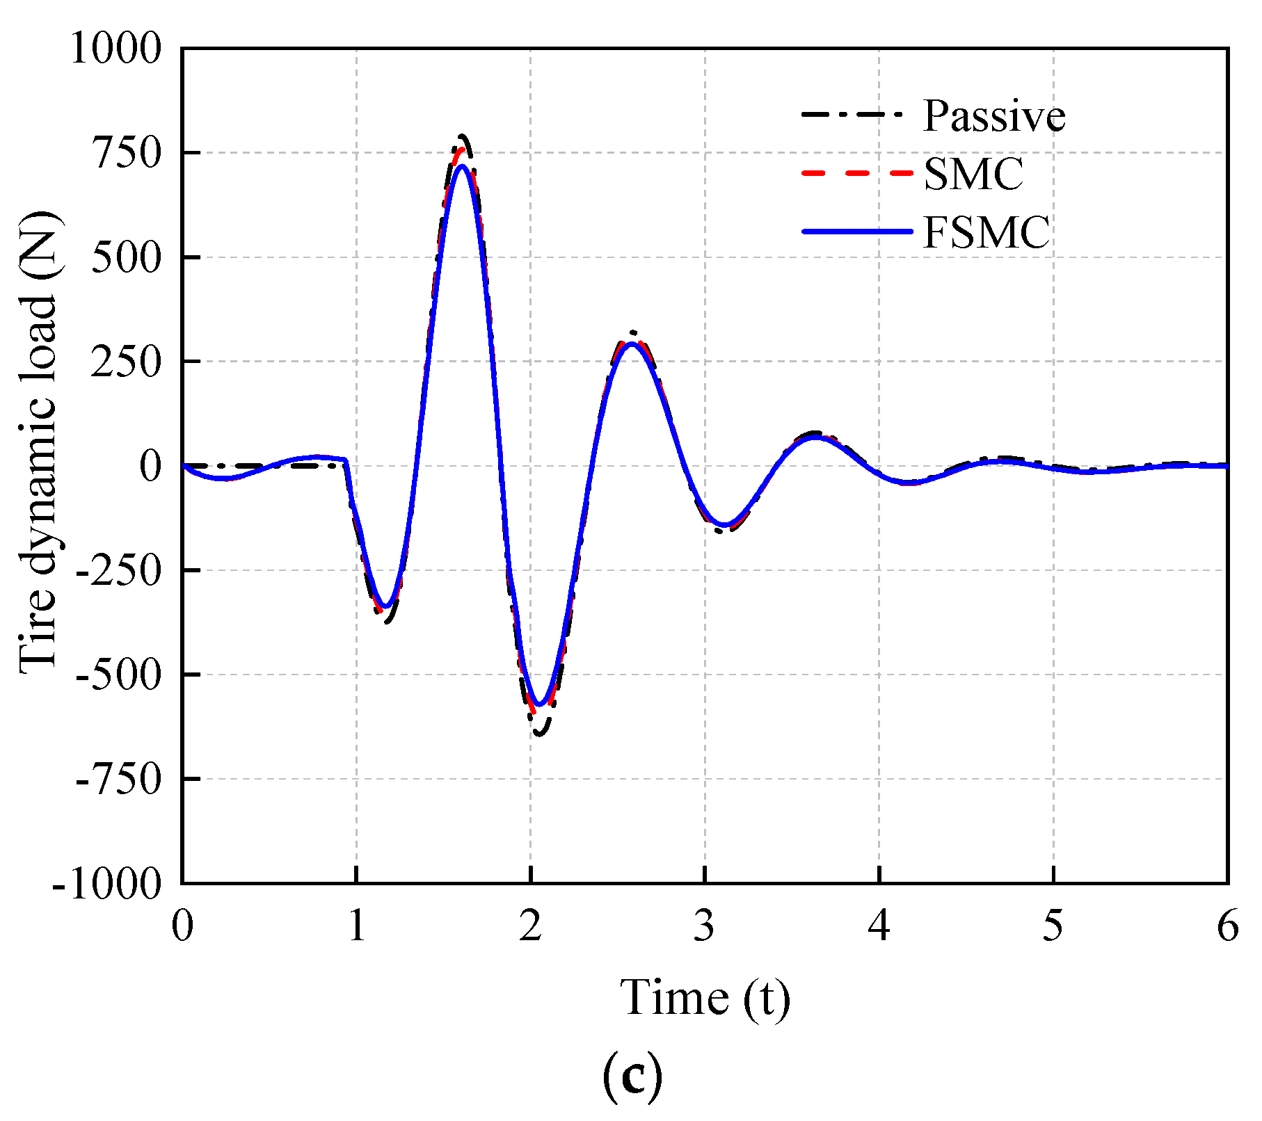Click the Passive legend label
993,116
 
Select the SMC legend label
973,174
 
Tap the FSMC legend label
986,232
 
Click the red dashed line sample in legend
856,172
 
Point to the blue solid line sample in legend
856,231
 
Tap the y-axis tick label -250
118,570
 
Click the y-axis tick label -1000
106,884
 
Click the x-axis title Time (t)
705,999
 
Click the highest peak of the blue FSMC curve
461,166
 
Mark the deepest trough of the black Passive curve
541,734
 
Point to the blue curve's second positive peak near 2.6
631,344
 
